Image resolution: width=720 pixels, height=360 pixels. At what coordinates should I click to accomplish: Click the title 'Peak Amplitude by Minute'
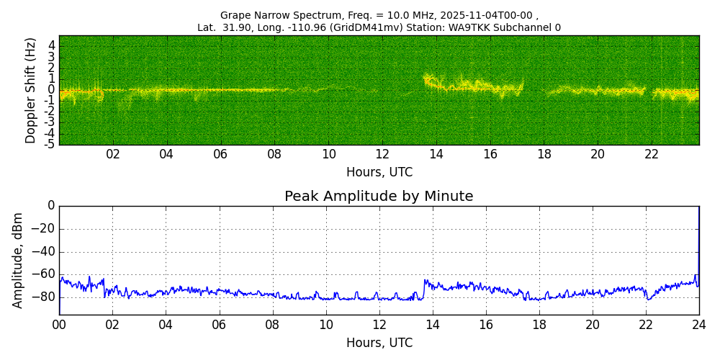(379, 197)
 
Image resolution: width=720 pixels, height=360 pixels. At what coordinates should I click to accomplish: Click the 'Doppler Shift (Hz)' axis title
(31, 91)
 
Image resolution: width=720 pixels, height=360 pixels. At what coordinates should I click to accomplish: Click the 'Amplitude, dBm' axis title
(19, 260)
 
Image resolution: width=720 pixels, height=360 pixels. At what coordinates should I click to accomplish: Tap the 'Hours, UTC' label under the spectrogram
(379, 173)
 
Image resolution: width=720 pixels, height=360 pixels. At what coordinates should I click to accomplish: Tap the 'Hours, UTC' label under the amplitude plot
(379, 343)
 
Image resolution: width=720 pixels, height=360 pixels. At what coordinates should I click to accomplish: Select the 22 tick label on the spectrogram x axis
(652, 154)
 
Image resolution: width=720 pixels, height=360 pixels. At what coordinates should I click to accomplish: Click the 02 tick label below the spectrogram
(113, 154)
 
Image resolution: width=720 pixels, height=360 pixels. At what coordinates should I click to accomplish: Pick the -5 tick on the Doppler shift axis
(50, 144)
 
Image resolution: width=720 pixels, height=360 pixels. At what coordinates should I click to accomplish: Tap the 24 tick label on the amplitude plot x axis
(699, 325)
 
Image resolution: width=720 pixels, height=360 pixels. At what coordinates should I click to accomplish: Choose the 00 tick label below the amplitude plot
(59, 325)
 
